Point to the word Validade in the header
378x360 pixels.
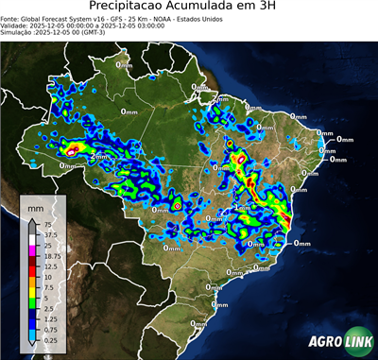tap(17, 26)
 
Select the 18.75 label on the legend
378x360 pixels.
tap(51, 256)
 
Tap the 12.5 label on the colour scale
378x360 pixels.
tap(48, 266)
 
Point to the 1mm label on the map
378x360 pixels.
tap(242, 205)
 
